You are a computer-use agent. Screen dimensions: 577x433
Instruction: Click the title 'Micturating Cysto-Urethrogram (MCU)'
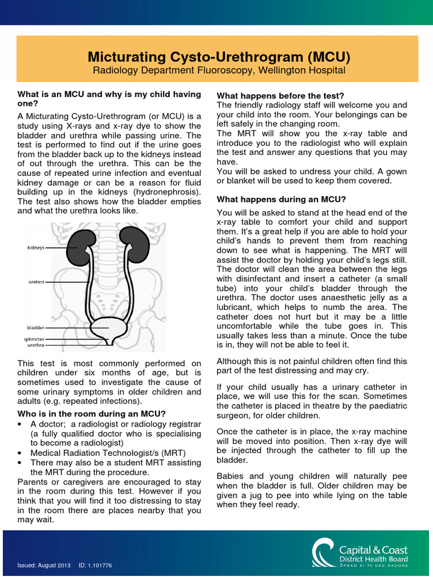click(x=219, y=57)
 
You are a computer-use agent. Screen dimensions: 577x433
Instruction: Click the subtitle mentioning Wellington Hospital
click(x=219, y=70)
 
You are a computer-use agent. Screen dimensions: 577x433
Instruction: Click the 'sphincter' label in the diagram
click(x=33, y=339)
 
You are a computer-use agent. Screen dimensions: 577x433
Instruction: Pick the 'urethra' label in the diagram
click(x=36, y=345)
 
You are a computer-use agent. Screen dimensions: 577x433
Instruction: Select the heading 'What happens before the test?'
click(x=280, y=96)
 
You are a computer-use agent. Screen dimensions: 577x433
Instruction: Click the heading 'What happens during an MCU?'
click(x=281, y=199)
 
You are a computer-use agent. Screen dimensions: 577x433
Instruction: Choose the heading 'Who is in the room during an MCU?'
click(x=91, y=414)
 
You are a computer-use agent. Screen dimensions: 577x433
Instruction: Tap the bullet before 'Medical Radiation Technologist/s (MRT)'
click(x=20, y=452)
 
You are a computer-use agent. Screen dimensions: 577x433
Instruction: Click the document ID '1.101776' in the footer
click(x=104, y=565)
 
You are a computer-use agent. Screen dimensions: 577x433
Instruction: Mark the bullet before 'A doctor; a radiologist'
click(x=20, y=424)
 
